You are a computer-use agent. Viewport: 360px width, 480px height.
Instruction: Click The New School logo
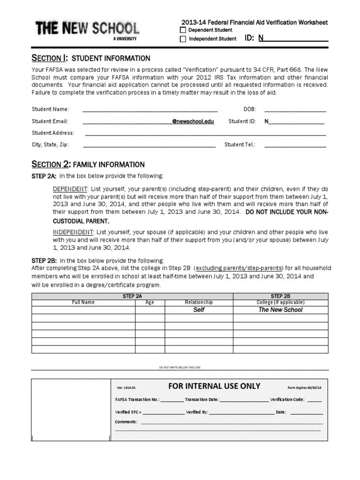click(87, 30)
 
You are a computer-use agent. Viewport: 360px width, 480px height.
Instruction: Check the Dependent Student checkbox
click(183, 30)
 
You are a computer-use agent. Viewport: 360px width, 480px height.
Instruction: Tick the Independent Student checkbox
click(183, 39)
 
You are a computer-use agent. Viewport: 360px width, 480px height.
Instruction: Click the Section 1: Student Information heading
click(90, 58)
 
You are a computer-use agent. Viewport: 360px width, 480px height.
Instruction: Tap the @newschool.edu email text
click(193, 121)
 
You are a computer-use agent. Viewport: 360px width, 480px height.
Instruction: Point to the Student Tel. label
click(240, 145)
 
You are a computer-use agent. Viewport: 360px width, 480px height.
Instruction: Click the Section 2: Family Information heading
click(88, 165)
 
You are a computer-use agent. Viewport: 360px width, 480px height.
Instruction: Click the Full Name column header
click(83, 302)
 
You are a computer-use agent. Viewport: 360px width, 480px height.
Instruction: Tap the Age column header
click(150, 302)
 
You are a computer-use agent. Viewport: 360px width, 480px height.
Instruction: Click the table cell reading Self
click(199, 310)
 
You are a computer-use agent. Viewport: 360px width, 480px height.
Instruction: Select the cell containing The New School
click(280, 310)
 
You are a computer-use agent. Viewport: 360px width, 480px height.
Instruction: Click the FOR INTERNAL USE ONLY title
click(214, 386)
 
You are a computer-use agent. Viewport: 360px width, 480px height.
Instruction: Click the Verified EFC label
click(127, 412)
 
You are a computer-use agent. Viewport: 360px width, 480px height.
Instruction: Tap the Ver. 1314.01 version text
click(126, 388)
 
